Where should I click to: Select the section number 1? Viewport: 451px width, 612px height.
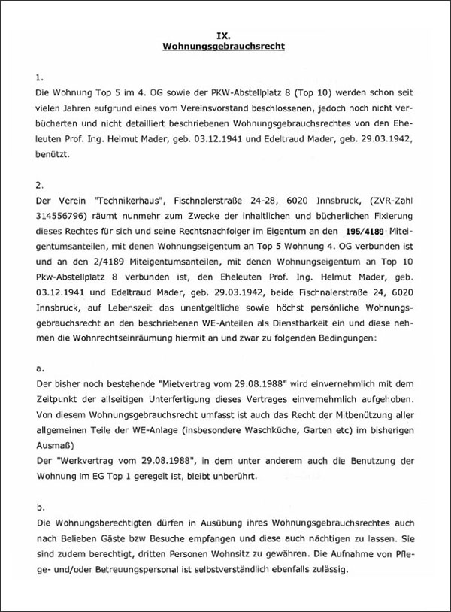[40, 77]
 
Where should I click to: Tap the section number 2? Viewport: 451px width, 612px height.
[40, 184]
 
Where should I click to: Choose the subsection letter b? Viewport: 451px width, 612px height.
[40, 507]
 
